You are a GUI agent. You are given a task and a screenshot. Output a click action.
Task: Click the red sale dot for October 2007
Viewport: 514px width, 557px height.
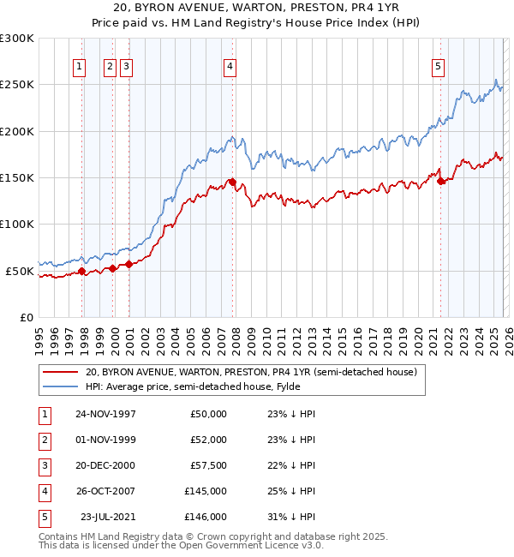(232, 182)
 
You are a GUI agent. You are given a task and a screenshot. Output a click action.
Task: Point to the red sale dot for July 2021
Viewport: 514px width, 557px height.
(440, 181)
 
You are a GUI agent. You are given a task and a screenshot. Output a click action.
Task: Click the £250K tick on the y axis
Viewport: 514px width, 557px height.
(17, 85)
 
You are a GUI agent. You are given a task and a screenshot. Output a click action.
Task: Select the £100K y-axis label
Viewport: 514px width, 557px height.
(17, 224)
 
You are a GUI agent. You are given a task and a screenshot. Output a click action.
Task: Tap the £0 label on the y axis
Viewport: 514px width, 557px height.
(25, 317)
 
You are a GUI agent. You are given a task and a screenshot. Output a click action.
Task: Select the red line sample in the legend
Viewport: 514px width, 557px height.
(60, 372)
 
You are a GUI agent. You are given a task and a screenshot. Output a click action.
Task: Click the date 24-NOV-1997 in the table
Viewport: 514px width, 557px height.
(105, 414)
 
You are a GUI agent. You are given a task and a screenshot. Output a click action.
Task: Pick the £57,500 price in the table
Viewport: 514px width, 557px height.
(208, 465)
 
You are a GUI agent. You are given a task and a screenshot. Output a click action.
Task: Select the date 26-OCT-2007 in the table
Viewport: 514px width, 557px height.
(105, 491)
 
